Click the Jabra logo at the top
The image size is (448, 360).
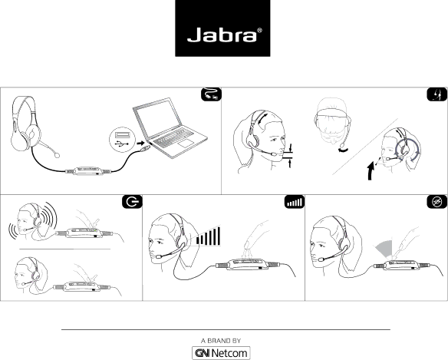222,28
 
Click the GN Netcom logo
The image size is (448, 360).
221,353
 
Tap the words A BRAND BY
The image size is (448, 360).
221,341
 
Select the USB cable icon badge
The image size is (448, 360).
211,94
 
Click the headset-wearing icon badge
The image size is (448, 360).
436,94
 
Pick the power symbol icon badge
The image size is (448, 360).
132,202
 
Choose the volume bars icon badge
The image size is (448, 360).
295,202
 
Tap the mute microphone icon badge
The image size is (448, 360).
436,202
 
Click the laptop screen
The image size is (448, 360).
158,119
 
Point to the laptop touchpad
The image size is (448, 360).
186,144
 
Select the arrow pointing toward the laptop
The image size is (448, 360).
140,143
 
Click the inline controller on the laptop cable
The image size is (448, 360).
88,171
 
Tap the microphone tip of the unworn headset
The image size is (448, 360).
57,155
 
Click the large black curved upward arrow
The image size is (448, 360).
371,171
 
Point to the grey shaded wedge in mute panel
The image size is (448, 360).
384,248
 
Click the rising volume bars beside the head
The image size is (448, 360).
209,236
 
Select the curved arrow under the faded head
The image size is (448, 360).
343,150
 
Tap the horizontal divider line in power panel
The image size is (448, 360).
65,249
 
